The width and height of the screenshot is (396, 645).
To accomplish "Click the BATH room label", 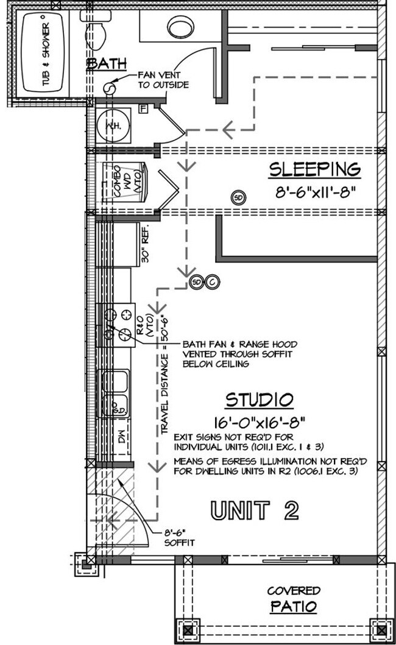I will pyautogui.click(x=106, y=63).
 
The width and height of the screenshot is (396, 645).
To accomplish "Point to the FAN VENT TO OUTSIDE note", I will pyautogui.click(x=163, y=79).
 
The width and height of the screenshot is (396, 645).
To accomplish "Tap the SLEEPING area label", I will pyautogui.click(x=315, y=169).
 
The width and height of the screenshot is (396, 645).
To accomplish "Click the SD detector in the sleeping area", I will pyautogui.click(x=239, y=197).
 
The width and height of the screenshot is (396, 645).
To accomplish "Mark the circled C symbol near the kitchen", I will pyautogui.click(x=212, y=282).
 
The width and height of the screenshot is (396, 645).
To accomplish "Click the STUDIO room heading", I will pyautogui.click(x=260, y=400).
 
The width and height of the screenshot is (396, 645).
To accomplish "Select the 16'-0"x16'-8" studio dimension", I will pyautogui.click(x=260, y=421).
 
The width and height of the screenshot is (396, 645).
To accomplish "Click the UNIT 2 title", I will pyautogui.click(x=255, y=510).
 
